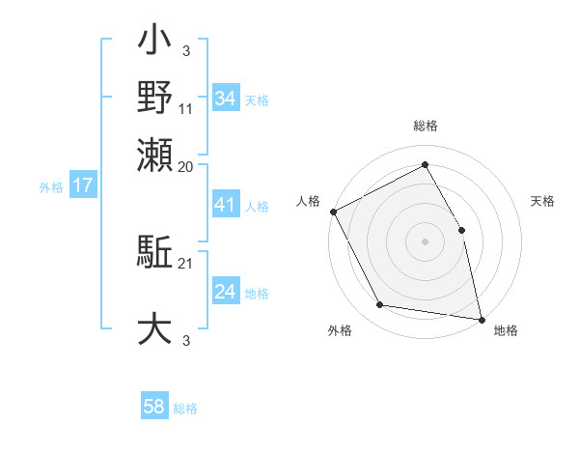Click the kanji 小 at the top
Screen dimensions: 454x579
point(155,44)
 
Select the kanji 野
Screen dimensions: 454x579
point(155,99)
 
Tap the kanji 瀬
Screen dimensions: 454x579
point(155,155)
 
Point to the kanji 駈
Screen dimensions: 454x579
point(155,254)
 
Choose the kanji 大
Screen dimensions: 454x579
point(155,327)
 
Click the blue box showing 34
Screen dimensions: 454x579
point(225,98)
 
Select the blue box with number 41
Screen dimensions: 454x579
point(225,206)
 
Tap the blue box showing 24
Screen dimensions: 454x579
point(225,292)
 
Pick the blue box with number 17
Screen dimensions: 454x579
point(82,185)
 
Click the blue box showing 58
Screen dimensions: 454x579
point(154,407)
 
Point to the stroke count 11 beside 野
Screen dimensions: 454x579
point(185,109)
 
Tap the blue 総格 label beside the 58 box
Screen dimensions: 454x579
point(185,409)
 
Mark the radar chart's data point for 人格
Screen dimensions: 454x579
point(333,212)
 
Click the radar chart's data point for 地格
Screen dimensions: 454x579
point(481,319)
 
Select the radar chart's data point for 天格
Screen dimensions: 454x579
point(461,230)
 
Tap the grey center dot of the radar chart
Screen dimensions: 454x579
point(425,241)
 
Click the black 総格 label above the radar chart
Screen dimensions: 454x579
point(425,127)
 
